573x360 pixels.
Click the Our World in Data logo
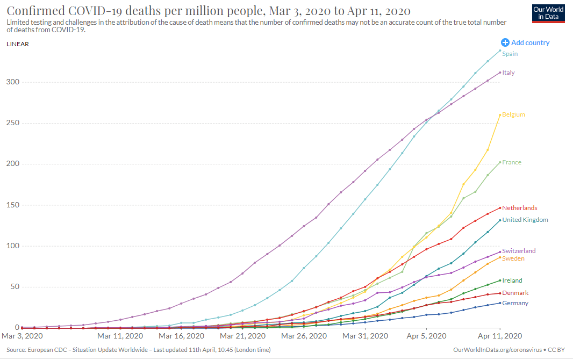click(x=548, y=13)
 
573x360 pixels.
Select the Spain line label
click(x=510, y=54)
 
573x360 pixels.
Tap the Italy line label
click(x=508, y=73)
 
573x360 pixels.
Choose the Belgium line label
click(x=513, y=114)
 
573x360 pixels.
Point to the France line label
click(x=511, y=162)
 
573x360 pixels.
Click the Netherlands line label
click(x=519, y=208)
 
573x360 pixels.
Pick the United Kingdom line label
click(x=525, y=220)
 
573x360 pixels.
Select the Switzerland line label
click(x=519, y=251)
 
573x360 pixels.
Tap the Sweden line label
click(x=513, y=258)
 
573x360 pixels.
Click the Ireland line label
click(x=512, y=280)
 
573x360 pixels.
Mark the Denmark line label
click(x=515, y=293)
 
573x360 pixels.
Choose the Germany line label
click(x=515, y=303)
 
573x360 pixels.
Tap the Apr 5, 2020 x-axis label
click(x=426, y=336)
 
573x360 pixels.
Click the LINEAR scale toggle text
click(x=18, y=44)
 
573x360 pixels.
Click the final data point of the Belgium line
click(x=500, y=114)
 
